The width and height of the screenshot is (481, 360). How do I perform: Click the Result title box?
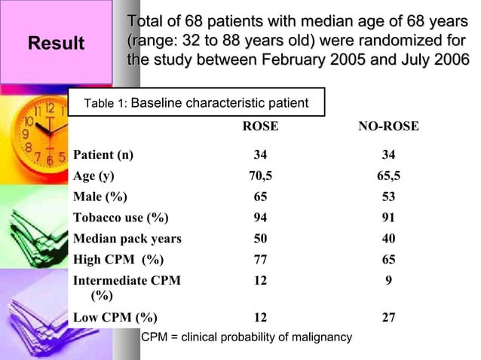56,44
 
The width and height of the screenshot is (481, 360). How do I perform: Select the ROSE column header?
259,127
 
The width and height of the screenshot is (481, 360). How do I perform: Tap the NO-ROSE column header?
388,127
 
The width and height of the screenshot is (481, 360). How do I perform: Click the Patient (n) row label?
103,156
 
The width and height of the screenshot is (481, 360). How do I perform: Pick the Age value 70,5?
260,177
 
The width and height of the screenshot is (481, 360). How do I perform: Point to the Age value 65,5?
388,177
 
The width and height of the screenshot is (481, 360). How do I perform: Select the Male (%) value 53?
388,197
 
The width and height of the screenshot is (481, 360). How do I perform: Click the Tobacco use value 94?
260,218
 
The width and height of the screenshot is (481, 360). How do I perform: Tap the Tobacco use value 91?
388,218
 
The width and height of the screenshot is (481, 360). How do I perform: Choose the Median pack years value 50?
260,239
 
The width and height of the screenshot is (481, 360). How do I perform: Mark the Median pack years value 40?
388,239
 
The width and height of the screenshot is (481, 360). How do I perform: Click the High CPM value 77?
260,260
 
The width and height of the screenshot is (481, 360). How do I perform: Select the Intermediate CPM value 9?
388,281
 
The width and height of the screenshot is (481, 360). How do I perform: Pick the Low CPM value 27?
388,317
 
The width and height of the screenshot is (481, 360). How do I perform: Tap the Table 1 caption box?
196,102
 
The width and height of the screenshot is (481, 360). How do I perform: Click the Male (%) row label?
100,197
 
